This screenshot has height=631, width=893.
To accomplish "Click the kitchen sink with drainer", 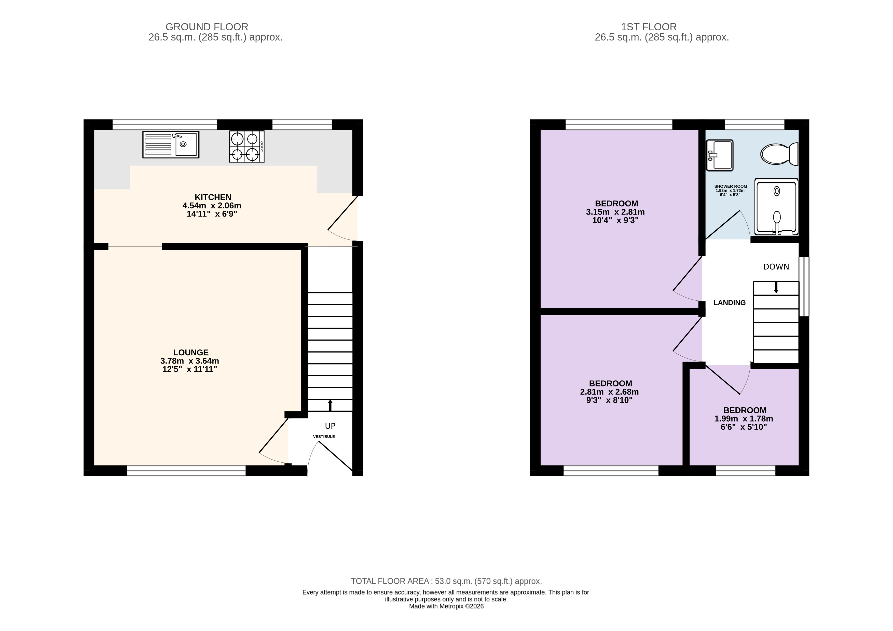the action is pos(171,144).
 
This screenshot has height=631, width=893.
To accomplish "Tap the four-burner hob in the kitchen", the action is pos(246,146).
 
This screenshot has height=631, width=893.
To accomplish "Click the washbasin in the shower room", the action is pos(720,155).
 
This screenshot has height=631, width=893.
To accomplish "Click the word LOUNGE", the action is pos(191,353).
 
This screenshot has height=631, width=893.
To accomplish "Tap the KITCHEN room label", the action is pos(213,197).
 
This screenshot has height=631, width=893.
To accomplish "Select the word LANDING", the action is pos(729,303).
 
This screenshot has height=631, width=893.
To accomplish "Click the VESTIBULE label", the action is pos(324,436).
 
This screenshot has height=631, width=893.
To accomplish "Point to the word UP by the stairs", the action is pos(330,426).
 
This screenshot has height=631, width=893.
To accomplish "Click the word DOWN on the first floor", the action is pos(776,267).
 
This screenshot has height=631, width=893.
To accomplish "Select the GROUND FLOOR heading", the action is pos(207,27).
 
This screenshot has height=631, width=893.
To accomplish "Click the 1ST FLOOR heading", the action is pos(649,27).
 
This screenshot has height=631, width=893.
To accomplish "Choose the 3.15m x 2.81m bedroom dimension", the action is pos(615,212).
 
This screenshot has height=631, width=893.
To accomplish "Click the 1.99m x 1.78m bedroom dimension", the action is pos(744,419).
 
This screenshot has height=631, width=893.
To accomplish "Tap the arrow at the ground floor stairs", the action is pos(330,405).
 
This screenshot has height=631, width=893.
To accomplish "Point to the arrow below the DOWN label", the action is pos(776,288).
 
